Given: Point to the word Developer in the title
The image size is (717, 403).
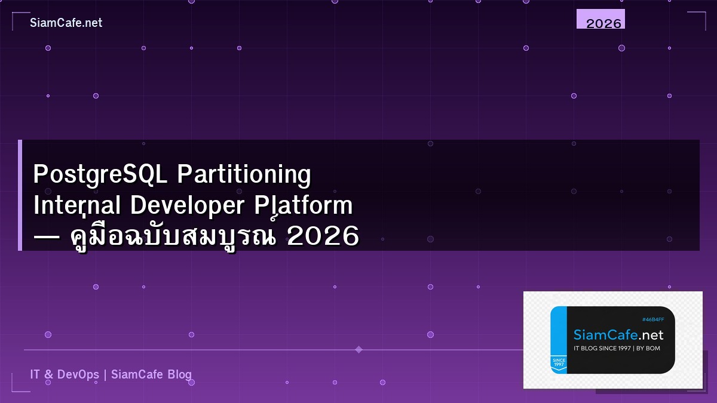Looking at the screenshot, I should click(x=188, y=206).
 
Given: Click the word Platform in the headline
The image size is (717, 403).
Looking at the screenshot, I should click(x=303, y=206).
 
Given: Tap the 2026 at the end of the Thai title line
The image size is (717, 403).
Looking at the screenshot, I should click(x=323, y=237).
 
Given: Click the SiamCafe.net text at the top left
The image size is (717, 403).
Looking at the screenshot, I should click(x=66, y=23).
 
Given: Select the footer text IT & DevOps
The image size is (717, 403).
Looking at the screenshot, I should click(x=65, y=375).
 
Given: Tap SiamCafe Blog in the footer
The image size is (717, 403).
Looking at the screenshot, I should click(x=152, y=375).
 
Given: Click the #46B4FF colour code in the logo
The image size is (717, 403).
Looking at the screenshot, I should click(x=652, y=319).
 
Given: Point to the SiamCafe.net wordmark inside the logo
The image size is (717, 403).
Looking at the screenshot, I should click(x=618, y=334).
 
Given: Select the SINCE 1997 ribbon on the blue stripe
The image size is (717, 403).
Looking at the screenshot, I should click(x=559, y=362).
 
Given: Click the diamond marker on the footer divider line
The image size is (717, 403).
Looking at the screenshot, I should click(x=358, y=349).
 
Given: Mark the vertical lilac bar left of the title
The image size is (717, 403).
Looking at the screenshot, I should click(x=20, y=195).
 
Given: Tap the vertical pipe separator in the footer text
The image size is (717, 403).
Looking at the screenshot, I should click(x=105, y=375).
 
